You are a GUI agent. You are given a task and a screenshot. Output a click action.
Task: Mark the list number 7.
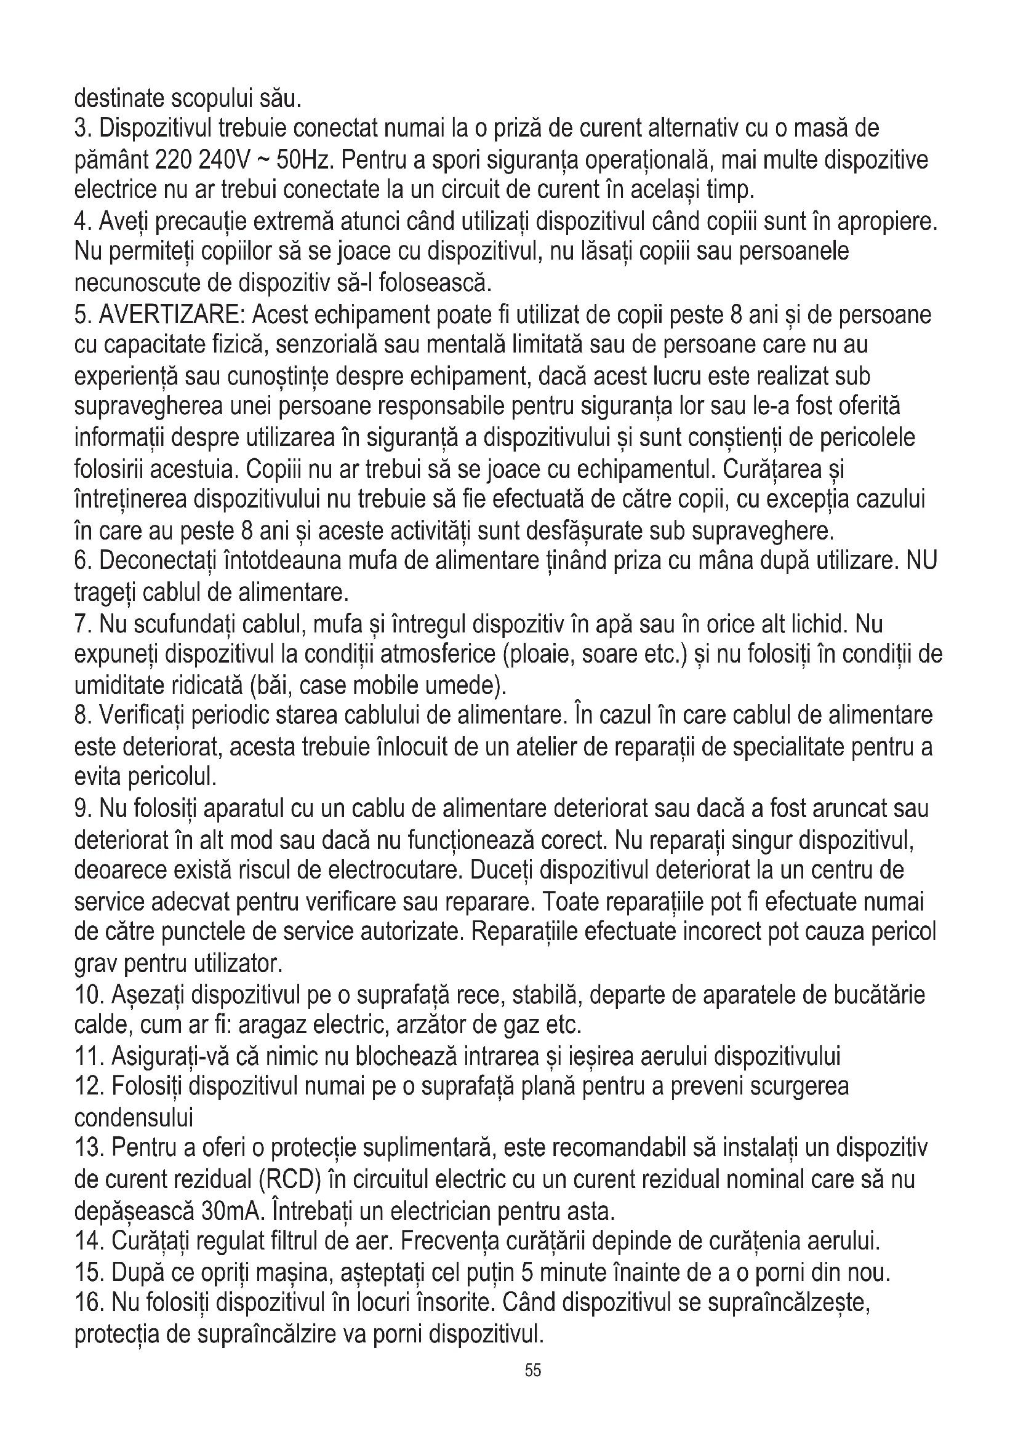(83, 625)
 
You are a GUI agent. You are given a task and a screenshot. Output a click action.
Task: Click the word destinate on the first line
(119, 98)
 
